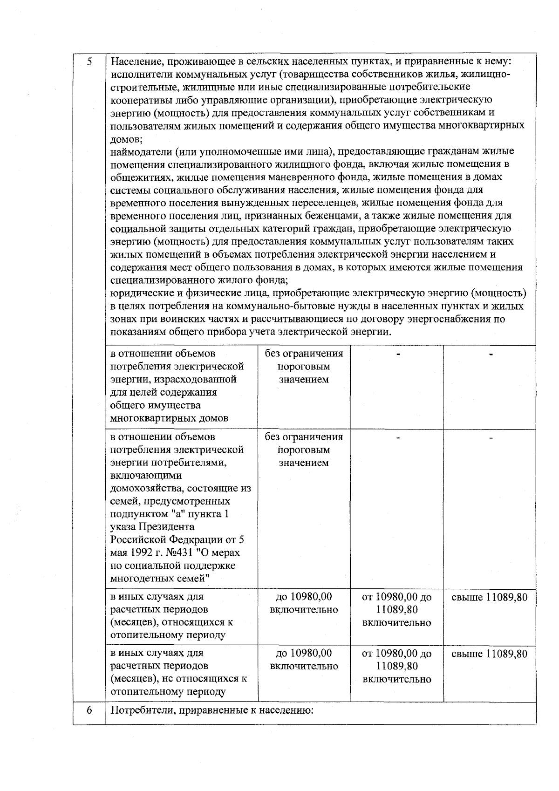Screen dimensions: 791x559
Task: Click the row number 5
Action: pos(89,61)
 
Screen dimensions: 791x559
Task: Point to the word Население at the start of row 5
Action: pos(136,61)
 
